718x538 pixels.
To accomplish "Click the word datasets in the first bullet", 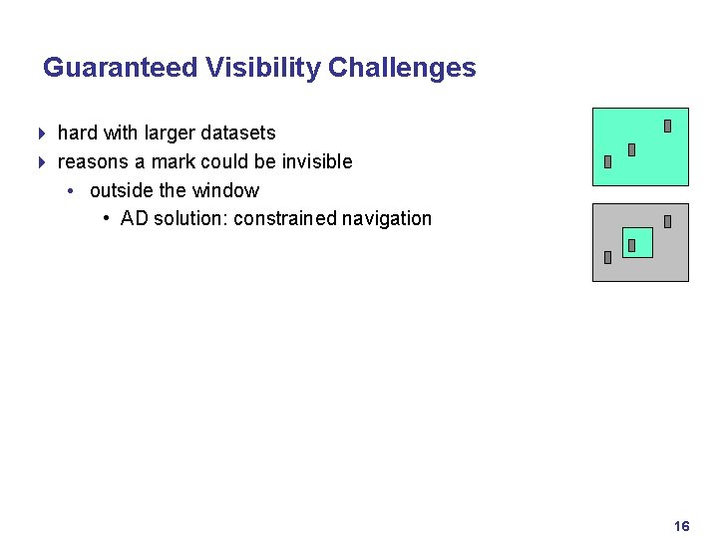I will [x=238, y=133].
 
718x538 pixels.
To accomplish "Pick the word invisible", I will [x=314, y=161].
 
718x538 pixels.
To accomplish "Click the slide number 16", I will [x=682, y=526].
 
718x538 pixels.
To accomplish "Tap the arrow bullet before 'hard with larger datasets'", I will [x=41, y=133].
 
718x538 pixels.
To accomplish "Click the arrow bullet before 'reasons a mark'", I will [x=41, y=161].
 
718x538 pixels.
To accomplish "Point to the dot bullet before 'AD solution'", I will [x=106, y=219].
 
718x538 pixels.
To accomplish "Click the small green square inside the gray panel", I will [x=638, y=242].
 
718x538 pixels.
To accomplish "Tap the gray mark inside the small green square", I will [x=631, y=245].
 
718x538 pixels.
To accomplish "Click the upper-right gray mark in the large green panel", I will [x=667, y=127].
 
